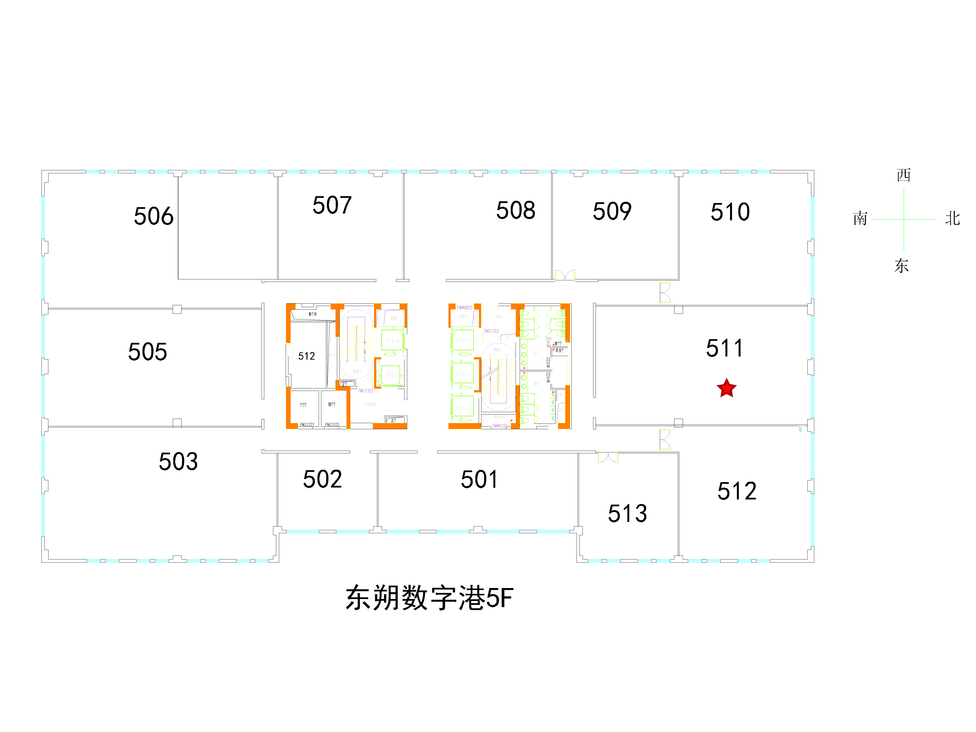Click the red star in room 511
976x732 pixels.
(x=726, y=388)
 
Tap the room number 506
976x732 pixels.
(x=153, y=216)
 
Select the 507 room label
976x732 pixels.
(x=332, y=205)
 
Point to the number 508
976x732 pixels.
(x=515, y=210)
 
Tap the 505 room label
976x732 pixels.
(x=147, y=352)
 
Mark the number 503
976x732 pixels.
(x=178, y=462)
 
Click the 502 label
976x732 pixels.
(x=322, y=479)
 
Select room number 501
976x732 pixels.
(x=479, y=479)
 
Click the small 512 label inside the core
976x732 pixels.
(x=306, y=356)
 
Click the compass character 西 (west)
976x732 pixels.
(x=903, y=175)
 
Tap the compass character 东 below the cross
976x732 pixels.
(x=901, y=266)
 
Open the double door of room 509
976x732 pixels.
(x=565, y=275)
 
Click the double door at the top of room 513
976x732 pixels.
(x=608, y=457)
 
